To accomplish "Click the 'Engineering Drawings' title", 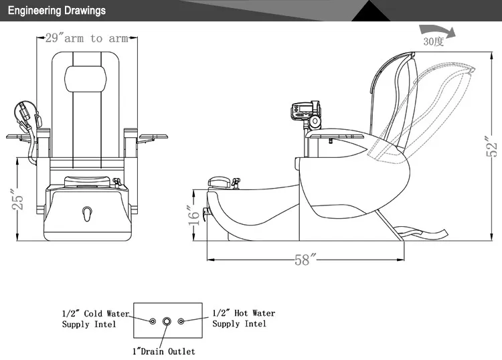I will [56, 11].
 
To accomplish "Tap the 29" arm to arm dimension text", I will [86, 38].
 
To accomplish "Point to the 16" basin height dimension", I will [193, 215].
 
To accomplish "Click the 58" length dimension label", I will [303, 260].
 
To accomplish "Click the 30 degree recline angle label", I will [433, 41].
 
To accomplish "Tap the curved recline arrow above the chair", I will [435, 29].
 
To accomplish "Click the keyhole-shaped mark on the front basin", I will [86, 213].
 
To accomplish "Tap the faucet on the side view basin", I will [224, 183].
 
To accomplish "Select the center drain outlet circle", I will [167, 321].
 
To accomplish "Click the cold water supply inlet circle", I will [153, 321].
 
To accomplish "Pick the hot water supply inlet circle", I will [181, 321].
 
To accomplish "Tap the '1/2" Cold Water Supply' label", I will [95, 319].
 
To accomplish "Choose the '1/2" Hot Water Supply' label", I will [243, 318].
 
